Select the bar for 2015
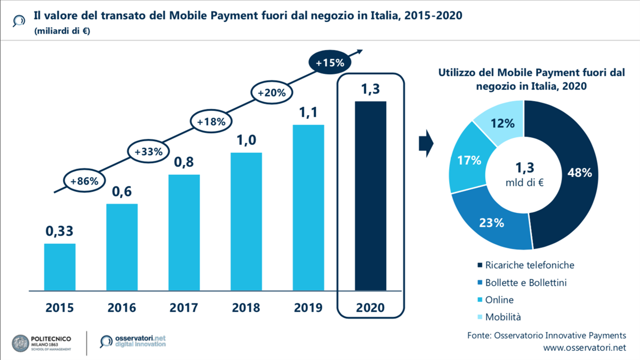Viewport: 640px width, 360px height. click(x=59, y=267)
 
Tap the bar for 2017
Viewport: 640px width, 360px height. click(x=184, y=232)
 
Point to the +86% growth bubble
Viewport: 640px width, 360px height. click(x=84, y=181)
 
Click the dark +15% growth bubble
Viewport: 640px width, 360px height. click(x=330, y=63)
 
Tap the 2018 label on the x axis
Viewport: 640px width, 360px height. click(x=246, y=308)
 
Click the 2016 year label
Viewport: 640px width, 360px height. click(x=122, y=308)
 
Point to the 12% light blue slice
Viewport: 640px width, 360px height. click(x=502, y=124)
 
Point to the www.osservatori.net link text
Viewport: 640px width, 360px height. click(x=584, y=348)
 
